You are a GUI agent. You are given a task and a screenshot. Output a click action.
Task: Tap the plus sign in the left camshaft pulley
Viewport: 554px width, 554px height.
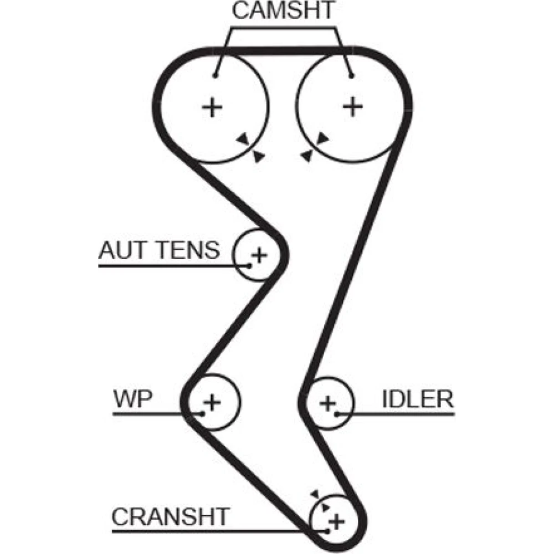[x=212, y=106]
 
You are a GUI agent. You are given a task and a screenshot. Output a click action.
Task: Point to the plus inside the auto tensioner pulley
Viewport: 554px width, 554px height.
[x=259, y=255]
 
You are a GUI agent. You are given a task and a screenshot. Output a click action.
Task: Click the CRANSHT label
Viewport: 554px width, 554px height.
[x=170, y=517]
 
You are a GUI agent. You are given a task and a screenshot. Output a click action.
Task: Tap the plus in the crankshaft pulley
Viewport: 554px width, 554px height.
[x=337, y=521]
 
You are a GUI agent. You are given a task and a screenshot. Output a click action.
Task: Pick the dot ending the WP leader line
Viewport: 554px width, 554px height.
[x=202, y=413]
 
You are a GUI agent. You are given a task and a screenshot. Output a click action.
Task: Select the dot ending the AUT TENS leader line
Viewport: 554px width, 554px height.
[x=250, y=266]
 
